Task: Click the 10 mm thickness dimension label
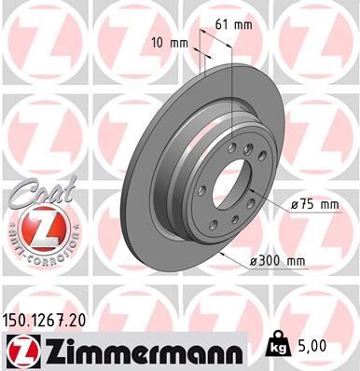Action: [x=167, y=42]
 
